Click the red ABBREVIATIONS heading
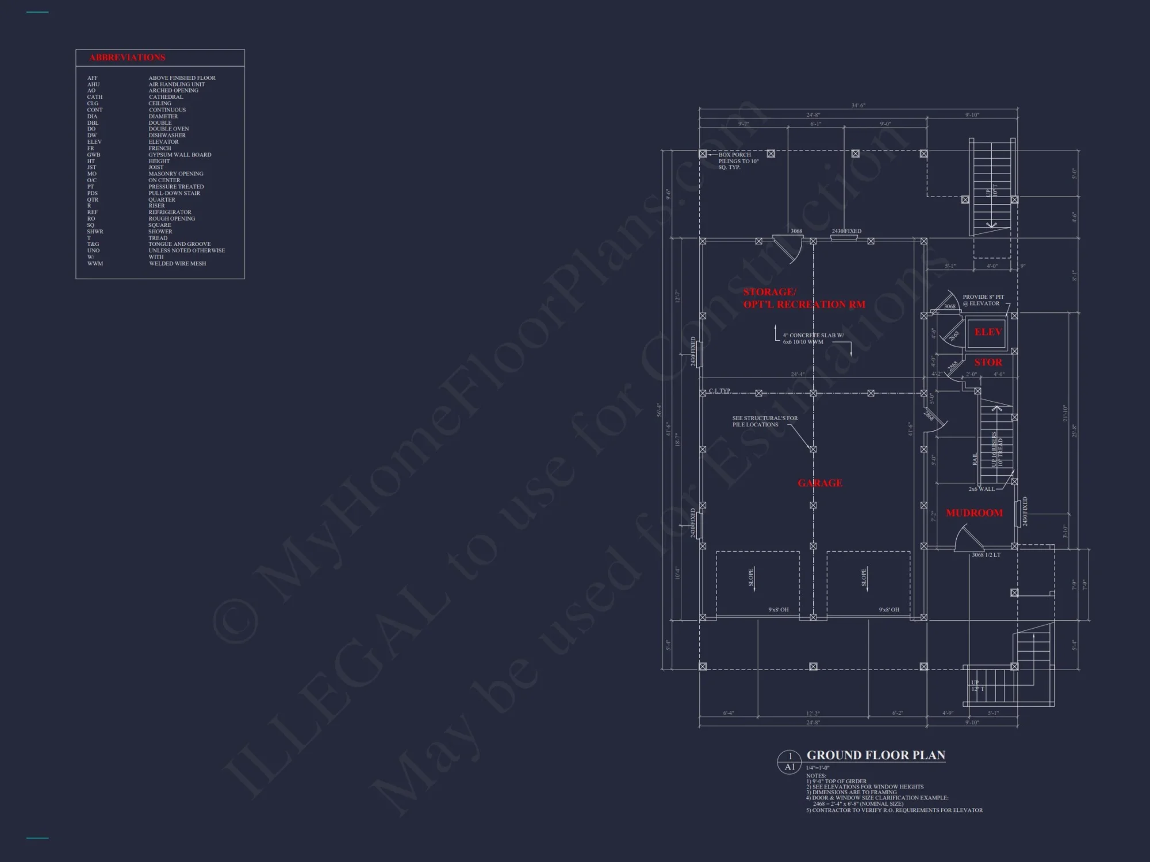click(x=127, y=57)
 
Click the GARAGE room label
click(x=820, y=483)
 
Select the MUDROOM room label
click(x=974, y=513)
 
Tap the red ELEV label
click(x=988, y=332)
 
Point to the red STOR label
click(x=988, y=363)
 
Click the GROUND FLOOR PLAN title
click(x=876, y=756)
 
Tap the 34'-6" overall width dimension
click(x=858, y=106)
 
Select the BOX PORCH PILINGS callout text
click(x=738, y=161)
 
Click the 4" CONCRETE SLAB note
click(x=813, y=338)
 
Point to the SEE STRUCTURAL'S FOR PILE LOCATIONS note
click(x=765, y=421)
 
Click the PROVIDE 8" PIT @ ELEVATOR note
click(x=983, y=300)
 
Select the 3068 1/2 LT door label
click(x=986, y=555)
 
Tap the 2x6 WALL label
click(x=981, y=489)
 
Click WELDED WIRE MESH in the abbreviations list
click(x=177, y=264)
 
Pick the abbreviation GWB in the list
click(x=93, y=155)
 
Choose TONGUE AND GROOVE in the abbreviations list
click(x=179, y=244)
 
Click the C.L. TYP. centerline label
click(x=719, y=391)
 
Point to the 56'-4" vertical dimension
click(x=660, y=410)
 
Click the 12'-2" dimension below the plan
click(x=812, y=714)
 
